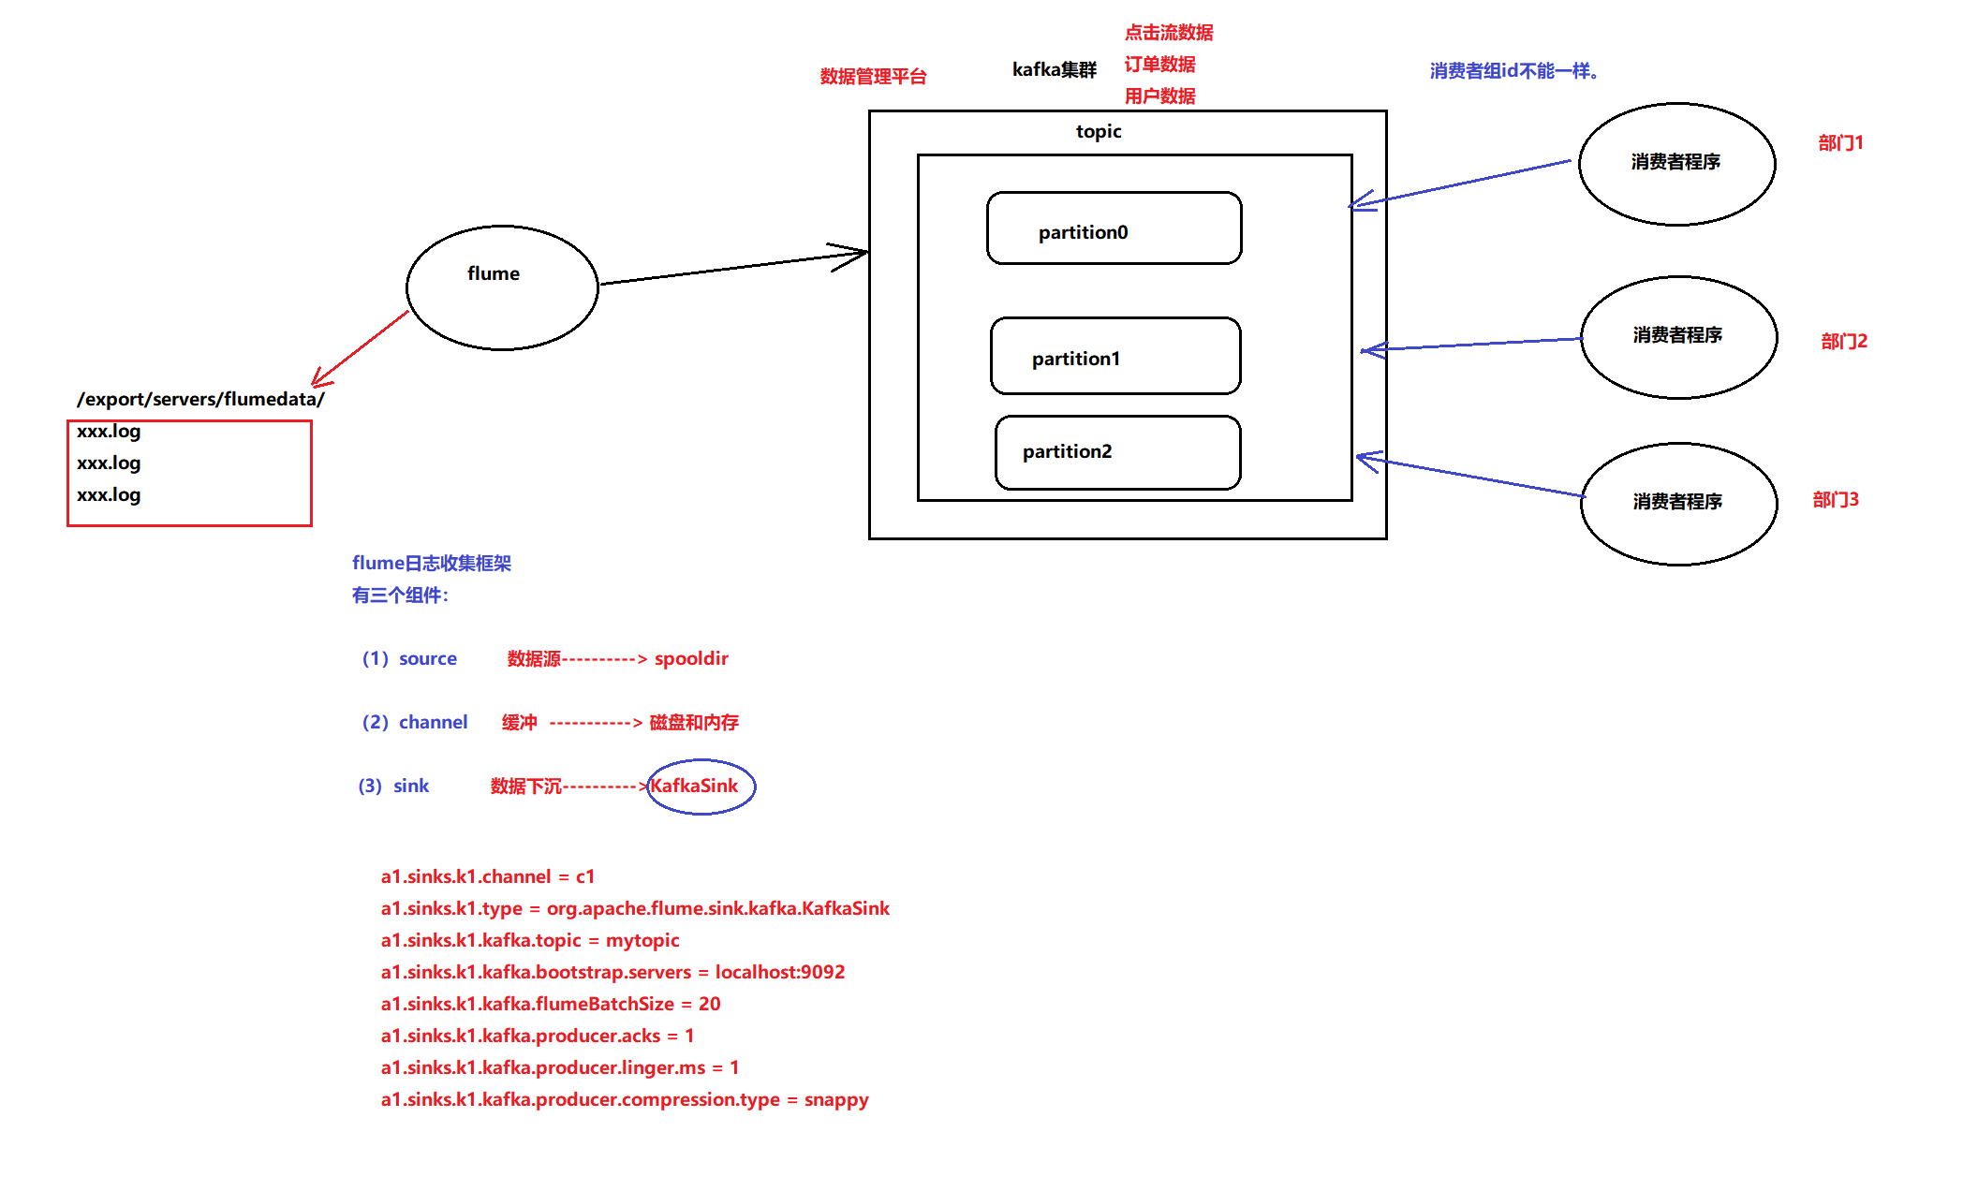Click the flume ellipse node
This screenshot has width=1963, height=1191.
[x=502, y=287]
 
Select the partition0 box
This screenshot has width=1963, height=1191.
[x=1114, y=229]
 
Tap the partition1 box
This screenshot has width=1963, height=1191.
[x=1114, y=356]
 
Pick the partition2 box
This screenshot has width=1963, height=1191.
[x=1117, y=452]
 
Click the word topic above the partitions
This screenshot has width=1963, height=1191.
[x=1098, y=131]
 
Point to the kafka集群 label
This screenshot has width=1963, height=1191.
[x=1054, y=69]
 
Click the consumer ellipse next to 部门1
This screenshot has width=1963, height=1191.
[x=1676, y=164]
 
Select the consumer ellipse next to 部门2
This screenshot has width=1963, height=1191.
[x=1678, y=337]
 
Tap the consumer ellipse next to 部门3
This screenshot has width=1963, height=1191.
[x=1678, y=504]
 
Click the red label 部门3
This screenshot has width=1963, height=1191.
[x=1836, y=500]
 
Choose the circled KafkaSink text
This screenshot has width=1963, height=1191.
[x=695, y=786]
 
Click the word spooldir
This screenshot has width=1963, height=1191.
[x=691, y=658]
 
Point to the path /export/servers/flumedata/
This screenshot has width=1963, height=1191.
[x=200, y=399]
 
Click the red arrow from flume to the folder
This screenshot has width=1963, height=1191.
[x=362, y=348]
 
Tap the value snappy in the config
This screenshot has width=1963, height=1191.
[x=836, y=1099]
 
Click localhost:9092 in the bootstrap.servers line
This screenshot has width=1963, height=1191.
[x=780, y=972]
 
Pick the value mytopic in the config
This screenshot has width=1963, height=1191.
[x=642, y=940]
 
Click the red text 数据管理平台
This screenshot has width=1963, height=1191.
[x=873, y=77]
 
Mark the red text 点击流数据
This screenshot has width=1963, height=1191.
[x=1169, y=33]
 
